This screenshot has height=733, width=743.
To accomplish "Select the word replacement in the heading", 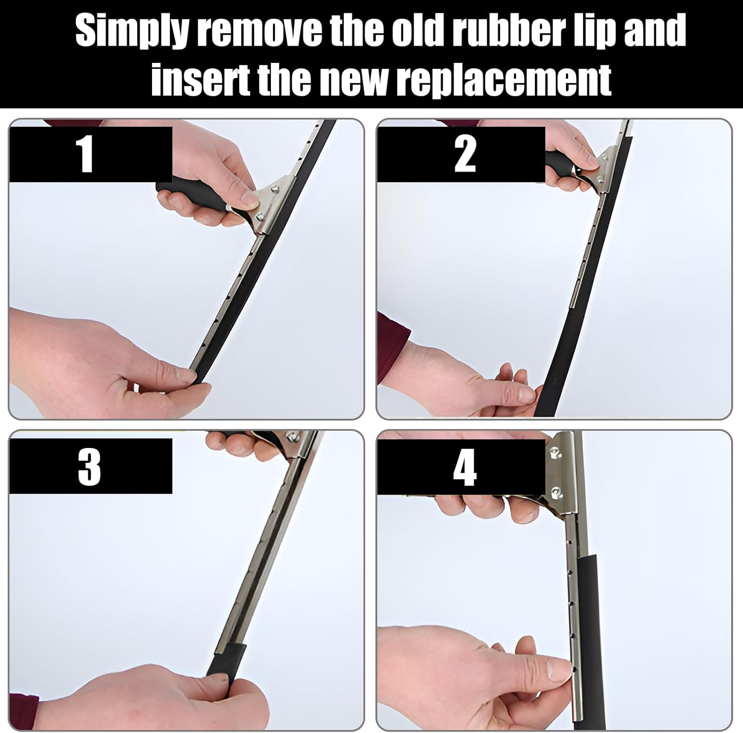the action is tap(504, 79).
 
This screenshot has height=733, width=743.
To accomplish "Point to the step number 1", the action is tap(86, 155).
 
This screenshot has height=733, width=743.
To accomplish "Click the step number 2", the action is tap(465, 154).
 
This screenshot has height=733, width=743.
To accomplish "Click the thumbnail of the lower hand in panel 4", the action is tap(560, 670).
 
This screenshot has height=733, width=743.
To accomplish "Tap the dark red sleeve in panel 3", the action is tap(23, 712).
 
